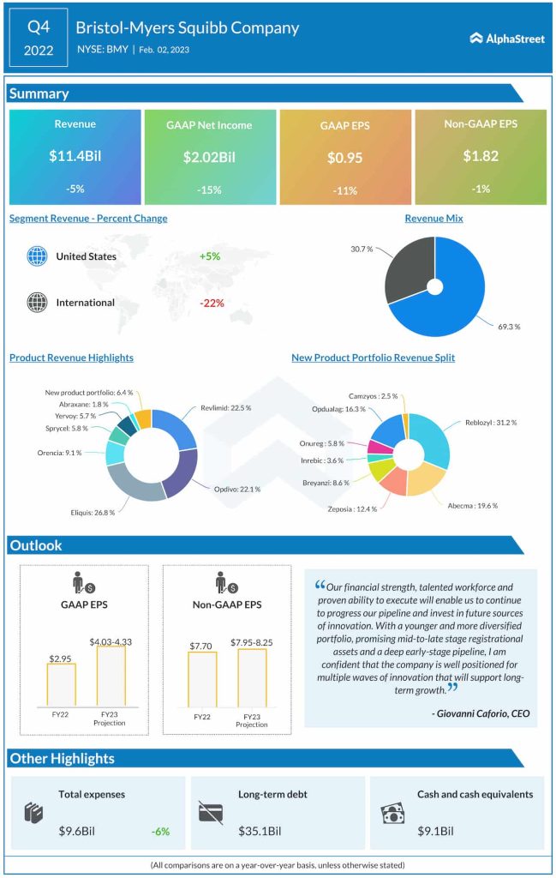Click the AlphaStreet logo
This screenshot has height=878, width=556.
click(x=507, y=38)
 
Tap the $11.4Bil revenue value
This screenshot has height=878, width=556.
click(x=75, y=157)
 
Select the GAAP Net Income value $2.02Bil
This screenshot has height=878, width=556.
click(x=209, y=158)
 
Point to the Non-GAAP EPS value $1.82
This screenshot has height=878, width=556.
click(x=480, y=157)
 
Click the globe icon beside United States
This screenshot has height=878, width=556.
click(x=36, y=256)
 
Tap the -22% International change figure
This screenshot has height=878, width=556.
click(x=212, y=303)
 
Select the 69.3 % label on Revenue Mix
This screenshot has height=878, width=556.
click(x=507, y=327)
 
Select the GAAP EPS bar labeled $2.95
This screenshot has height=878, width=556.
click(x=61, y=683)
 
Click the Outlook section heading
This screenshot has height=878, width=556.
click(x=35, y=545)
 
